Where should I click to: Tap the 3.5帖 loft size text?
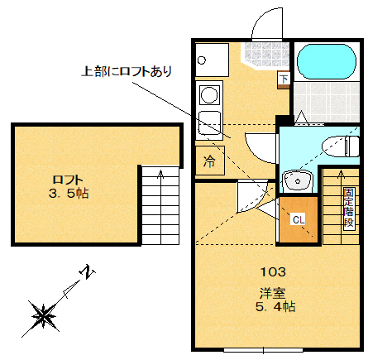click(x=69, y=194)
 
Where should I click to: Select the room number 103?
click(x=273, y=271)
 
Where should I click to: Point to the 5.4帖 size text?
click(x=276, y=306)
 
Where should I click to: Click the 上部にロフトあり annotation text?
click(x=125, y=71)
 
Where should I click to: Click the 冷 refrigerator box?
click(x=209, y=161)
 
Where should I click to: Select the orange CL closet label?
click(x=298, y=220)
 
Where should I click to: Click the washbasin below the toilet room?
click(x=295, y=180)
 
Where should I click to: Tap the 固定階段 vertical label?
click(x=349, y=207)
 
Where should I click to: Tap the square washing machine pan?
click(x=208, y=57)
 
